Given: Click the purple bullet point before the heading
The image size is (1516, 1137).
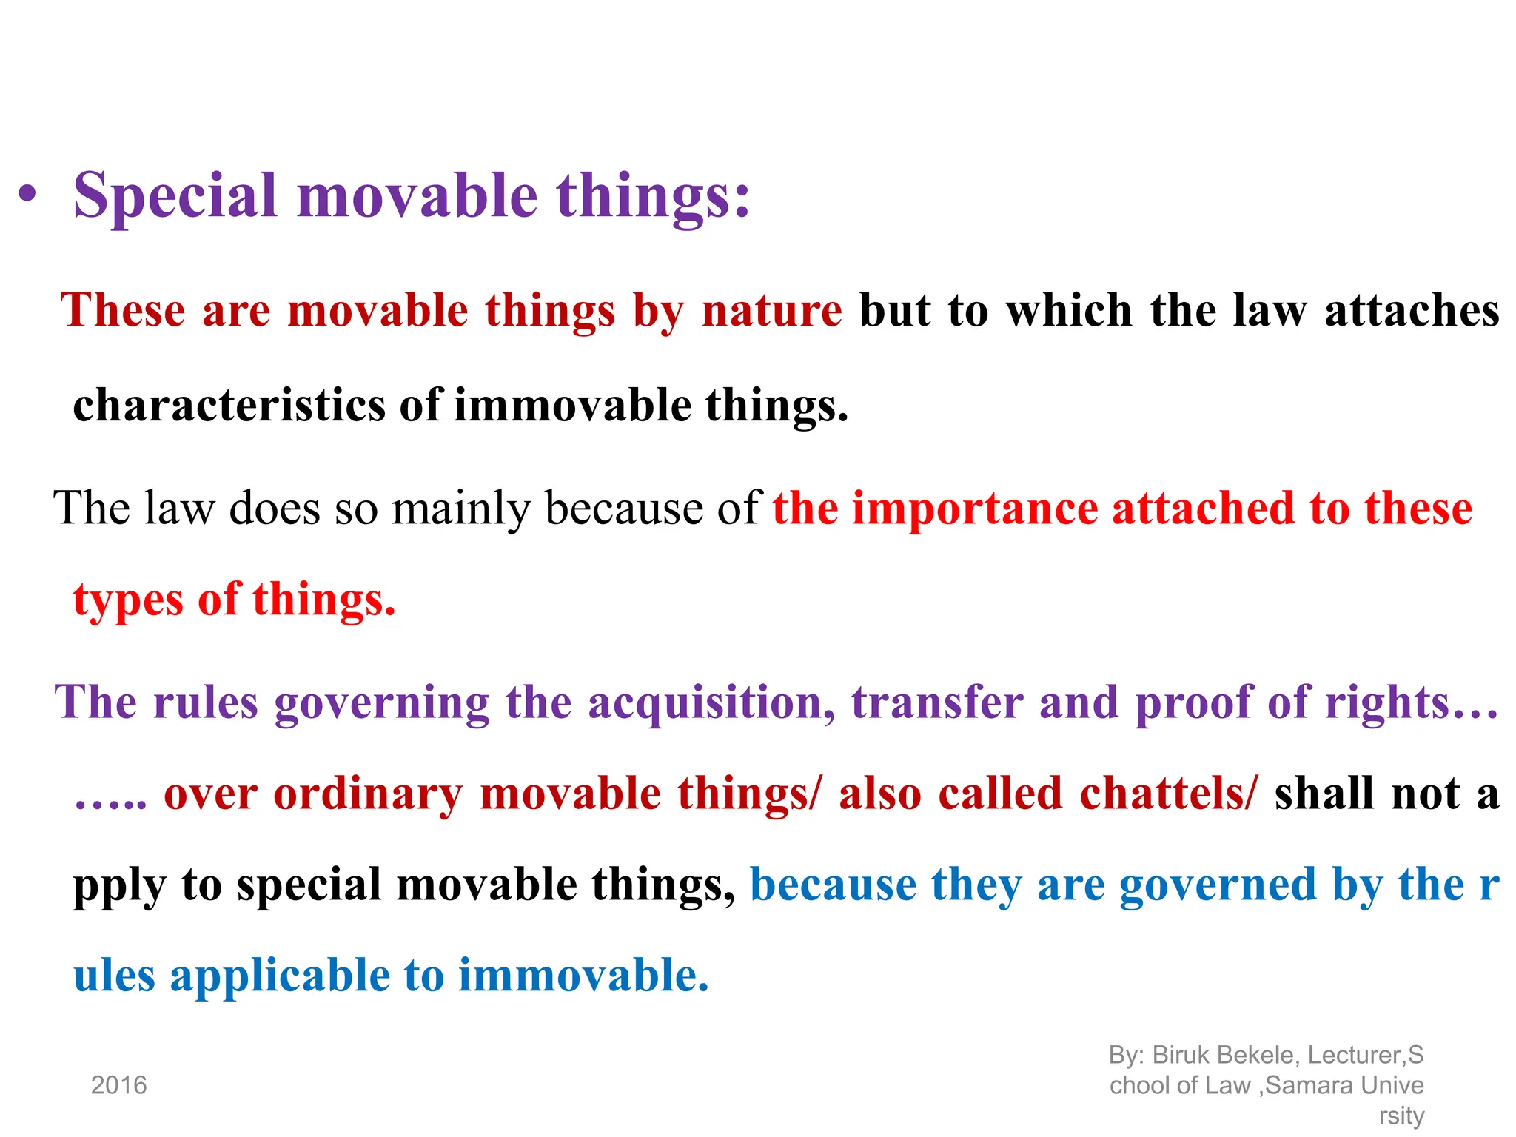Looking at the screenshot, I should pyautogui.click(x=27, y=195).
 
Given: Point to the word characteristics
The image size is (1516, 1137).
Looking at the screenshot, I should pyautogui.click(x=229, y=406).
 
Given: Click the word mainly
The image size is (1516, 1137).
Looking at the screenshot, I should pyautogui.click(x=460, y=509).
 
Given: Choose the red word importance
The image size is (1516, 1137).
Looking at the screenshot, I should pyautogui.click(x=974, y=509).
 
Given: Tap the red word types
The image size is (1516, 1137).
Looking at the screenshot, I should pyautogui.click(x=127, y=600).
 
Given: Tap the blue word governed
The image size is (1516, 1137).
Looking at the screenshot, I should pyautogui.click(x=1217, y=885).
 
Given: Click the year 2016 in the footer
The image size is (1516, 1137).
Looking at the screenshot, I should pyautogui.click(x=118, y=1085).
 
